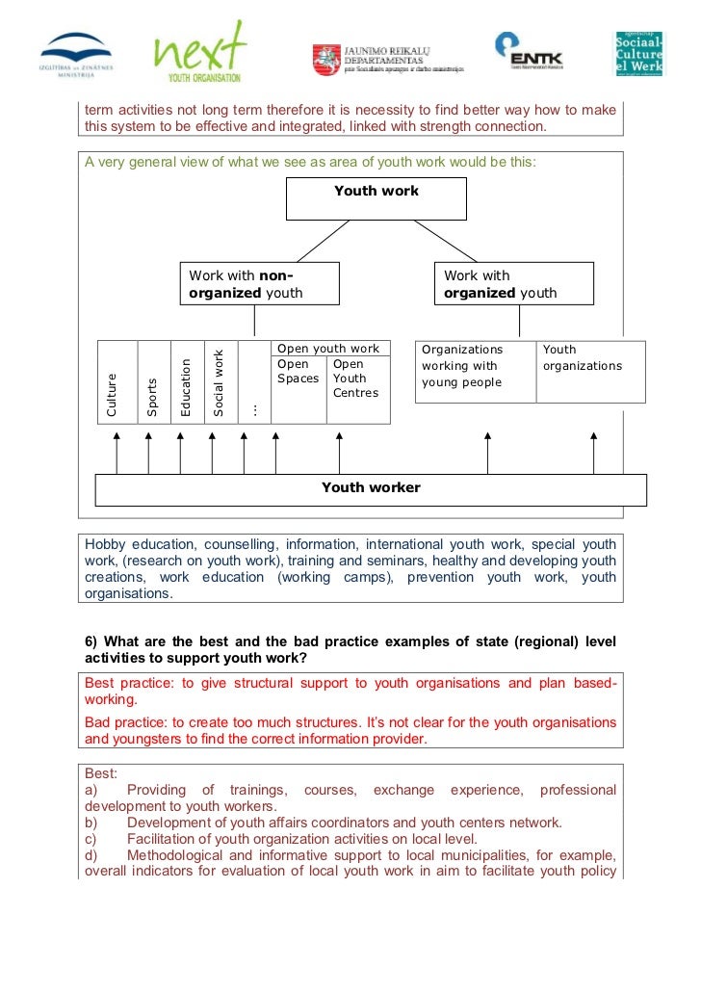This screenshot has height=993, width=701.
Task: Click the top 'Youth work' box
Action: [376, 198]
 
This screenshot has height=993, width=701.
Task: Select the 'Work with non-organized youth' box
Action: [260, 284]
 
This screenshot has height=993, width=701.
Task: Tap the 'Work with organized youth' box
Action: [514, 284]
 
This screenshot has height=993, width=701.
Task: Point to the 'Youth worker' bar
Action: [371, 488]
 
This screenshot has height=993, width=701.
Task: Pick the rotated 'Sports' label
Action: [152, 397]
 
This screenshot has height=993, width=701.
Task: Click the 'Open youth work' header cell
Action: [328, 349]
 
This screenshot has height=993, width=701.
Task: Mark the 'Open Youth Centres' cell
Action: [355, 379]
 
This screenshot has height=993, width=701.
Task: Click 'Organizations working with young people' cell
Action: [472, 366]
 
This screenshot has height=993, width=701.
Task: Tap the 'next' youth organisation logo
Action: [200, 52]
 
